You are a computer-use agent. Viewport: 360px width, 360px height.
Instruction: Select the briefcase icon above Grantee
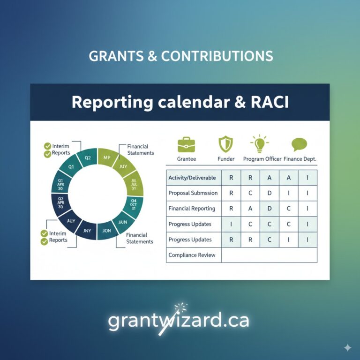click(x=186, y=143)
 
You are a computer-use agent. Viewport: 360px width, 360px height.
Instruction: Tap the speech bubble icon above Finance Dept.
click(x=299, y=143)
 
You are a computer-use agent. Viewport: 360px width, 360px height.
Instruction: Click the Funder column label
click(x=226, y=159)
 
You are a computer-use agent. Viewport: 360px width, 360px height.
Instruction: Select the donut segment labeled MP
click(x=106, y=157)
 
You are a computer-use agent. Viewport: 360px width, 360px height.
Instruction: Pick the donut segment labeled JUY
click(x=123, y=166)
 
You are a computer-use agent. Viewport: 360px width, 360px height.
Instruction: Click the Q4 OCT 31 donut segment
click(x=133, y=205)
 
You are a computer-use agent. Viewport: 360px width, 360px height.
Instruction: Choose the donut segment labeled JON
click(x=106, y=231)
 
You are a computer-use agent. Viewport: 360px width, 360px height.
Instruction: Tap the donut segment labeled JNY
click(x=88, y=230)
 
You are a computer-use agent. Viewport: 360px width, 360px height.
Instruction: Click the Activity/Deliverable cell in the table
click(x=192, y=178)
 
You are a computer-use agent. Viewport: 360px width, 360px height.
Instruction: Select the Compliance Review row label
click(x=192, y=255)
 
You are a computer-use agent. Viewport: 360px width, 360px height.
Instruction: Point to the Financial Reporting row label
click(x=192, y=209)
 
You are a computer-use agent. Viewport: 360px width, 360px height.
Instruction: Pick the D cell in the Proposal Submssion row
click(x=270, y=193)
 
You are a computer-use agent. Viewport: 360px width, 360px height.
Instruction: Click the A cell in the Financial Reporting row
click(x=250, y=209)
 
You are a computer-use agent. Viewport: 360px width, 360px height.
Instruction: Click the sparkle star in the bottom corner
click(x=347, y=347)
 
